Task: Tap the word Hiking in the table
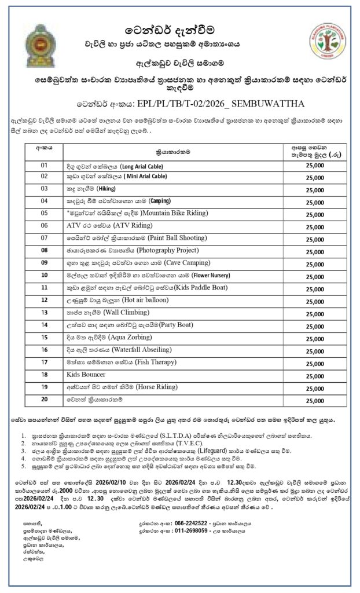point(107,188)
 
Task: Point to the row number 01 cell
point(44,165)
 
